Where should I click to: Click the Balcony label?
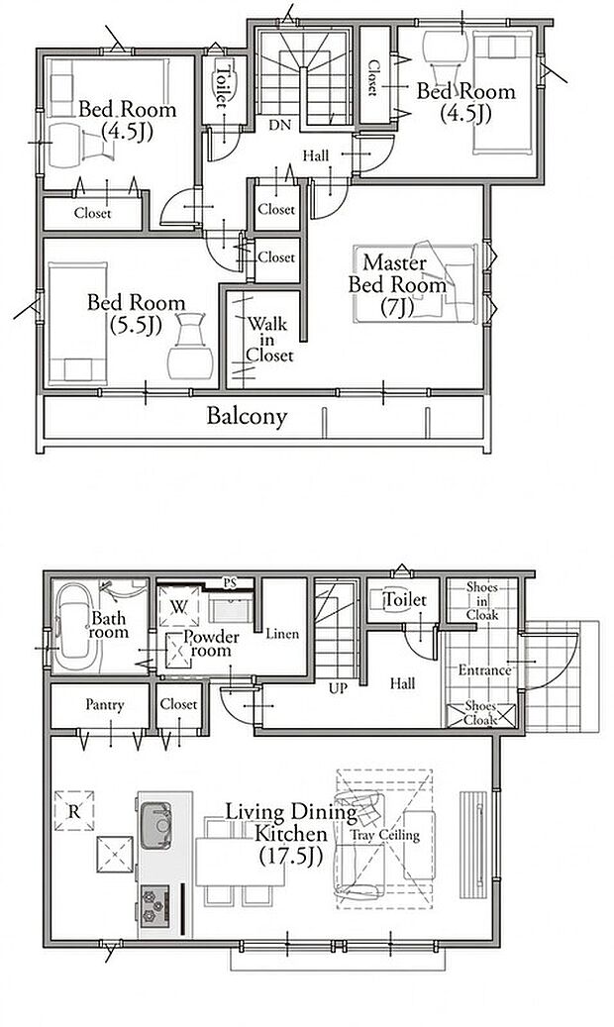pos(247,417)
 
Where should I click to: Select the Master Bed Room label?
pos(397,284)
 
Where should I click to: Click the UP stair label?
pos(338,689)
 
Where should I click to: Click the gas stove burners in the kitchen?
pos(154,903)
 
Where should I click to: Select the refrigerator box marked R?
pos(74,811)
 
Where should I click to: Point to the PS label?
pos(230,582)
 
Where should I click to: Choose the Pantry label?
pos(104,705)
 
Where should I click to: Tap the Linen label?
pos(282,634)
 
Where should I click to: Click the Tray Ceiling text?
pos(384,835)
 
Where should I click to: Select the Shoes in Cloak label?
pos(482,601)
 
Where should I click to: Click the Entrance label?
pos(484,670)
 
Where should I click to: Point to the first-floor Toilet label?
pos(405,598)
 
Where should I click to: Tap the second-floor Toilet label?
pos(223,84)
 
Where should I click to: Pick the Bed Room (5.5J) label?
pos(136,314)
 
